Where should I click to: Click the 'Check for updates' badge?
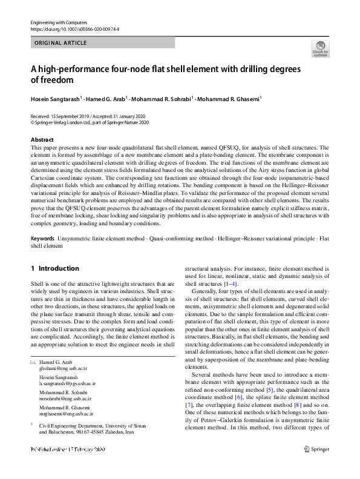click(320, 48)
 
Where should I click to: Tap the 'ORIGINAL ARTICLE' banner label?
click(61, 43)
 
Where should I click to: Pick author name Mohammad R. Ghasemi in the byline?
click(228, 99)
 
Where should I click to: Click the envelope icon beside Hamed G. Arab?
click(33, 362)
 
